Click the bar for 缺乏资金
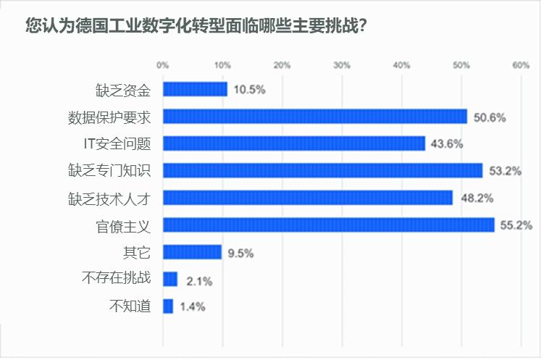[x=196, y=89]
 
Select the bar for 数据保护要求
[x=315, y=116]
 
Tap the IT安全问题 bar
[x=294, y=143]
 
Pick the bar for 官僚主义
[x=329, y=225]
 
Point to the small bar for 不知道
[x=168, y=306]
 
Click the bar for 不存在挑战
[x=170, y=279]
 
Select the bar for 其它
[x=193, y=252]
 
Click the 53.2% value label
[x=505, y=171]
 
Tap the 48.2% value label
[x=477, y=198]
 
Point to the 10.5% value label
[x=249, y=90]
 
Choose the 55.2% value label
[x=516, y=225]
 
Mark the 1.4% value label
[x=193, y=307]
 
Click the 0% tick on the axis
[x=163, y=65]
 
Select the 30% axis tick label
[x=342, y=65]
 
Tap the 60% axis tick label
[x=521, y=65]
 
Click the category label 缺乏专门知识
[x=109, y=170]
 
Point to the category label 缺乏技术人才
[x=109, y=198]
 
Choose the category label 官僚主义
[x=123, y=227]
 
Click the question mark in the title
[x=363, y=25]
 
